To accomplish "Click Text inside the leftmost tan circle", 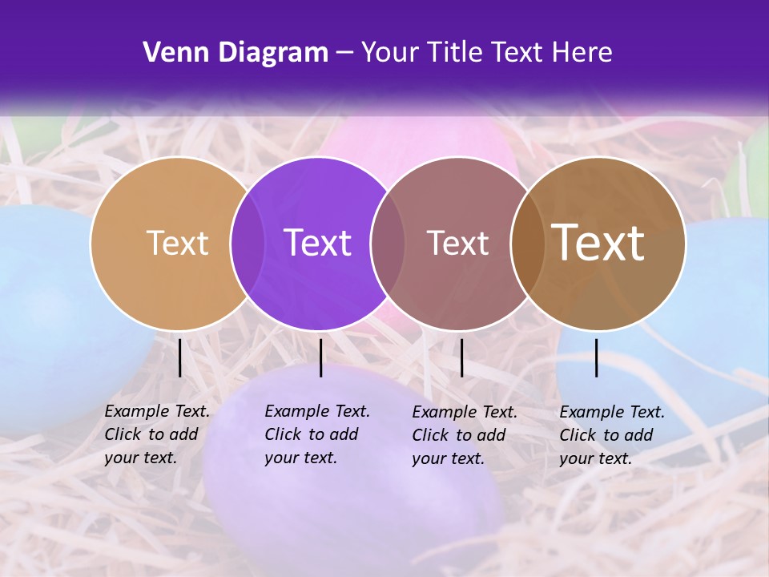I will click(177, 243).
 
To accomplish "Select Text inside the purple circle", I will click(317, 243).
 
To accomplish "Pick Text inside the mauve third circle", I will click(457, 243).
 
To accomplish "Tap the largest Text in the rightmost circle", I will click(598, 243).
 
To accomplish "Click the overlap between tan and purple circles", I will click(248, 243).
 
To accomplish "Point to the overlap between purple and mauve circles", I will click(388, 243).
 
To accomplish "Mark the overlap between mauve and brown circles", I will click(528, 243).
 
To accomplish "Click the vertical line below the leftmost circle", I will click(180, 357).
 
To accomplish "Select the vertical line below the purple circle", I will click(320, 357).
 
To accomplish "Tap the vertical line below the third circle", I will click(461, 357).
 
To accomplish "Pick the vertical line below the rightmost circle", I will click(597, 357).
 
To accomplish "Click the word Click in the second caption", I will click(283, 434).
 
